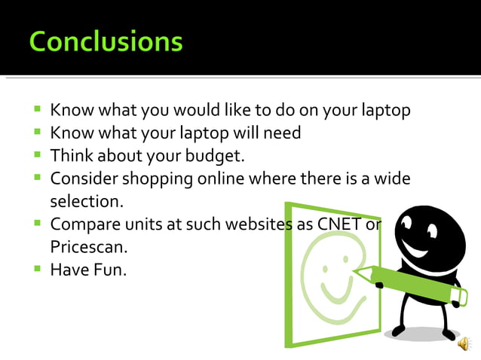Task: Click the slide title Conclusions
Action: tap(106, 41)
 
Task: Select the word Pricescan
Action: tap(87, 247)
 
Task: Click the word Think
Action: tap(70, 156)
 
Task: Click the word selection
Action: tap(86, 202)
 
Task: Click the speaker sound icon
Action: tap(464, 344)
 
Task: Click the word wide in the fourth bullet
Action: tap(394, 179)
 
